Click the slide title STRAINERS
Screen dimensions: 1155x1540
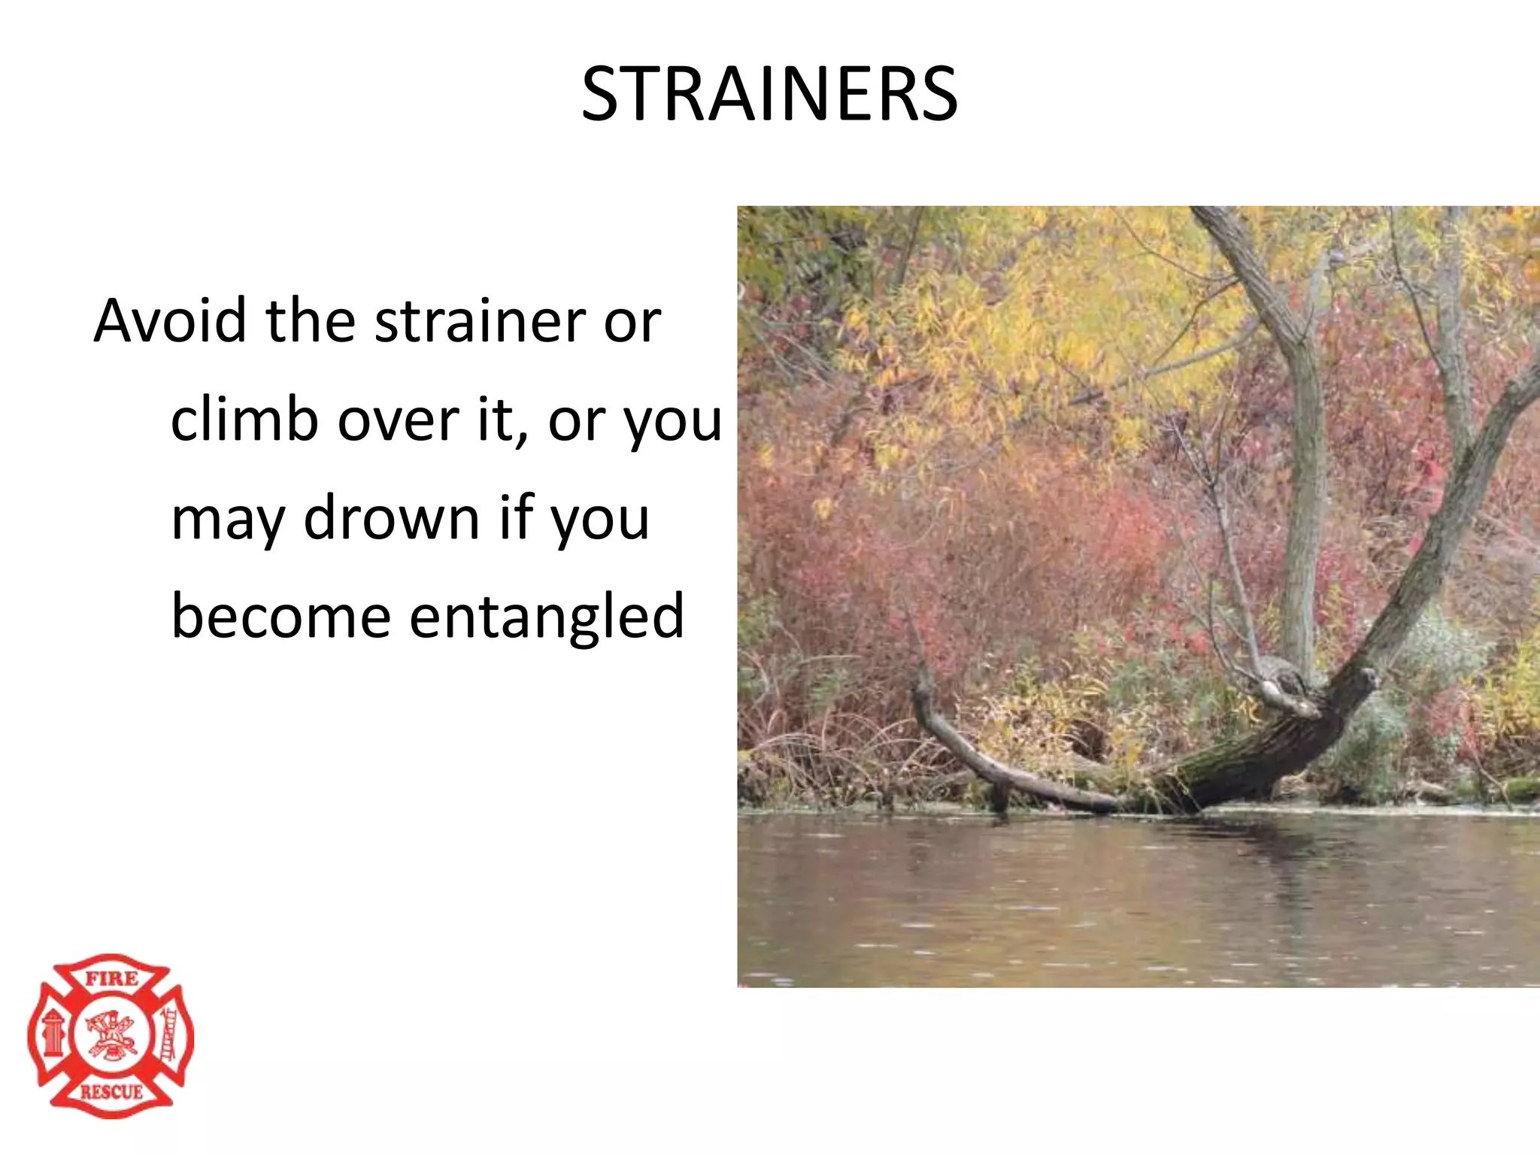pyautogui.click(x=769, y=94)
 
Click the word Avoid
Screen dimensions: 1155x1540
pyautogui.click(x=170, y=321)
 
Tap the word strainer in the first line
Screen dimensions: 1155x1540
pyautogui.click(x=480, y=321)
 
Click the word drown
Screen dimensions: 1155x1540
pyautogui.click(x=391, y=518)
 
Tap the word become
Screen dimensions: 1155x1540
pyautogui.click(x=280, y=617)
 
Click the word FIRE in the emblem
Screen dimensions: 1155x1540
pyautogui.click(x=111, y=979)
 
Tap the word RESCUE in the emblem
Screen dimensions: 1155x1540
pyautogui.click(x=111, y=1092)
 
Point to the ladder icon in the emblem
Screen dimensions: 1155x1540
pyautogui.click(x=169, y=1036)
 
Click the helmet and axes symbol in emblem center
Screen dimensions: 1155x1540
pyautogui.click(x=111, y=1035)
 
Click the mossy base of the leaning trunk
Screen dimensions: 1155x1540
pyautogui.click(x=1233, y=775)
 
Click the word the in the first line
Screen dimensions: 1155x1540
pyautogui.click(x=310, y=321)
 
